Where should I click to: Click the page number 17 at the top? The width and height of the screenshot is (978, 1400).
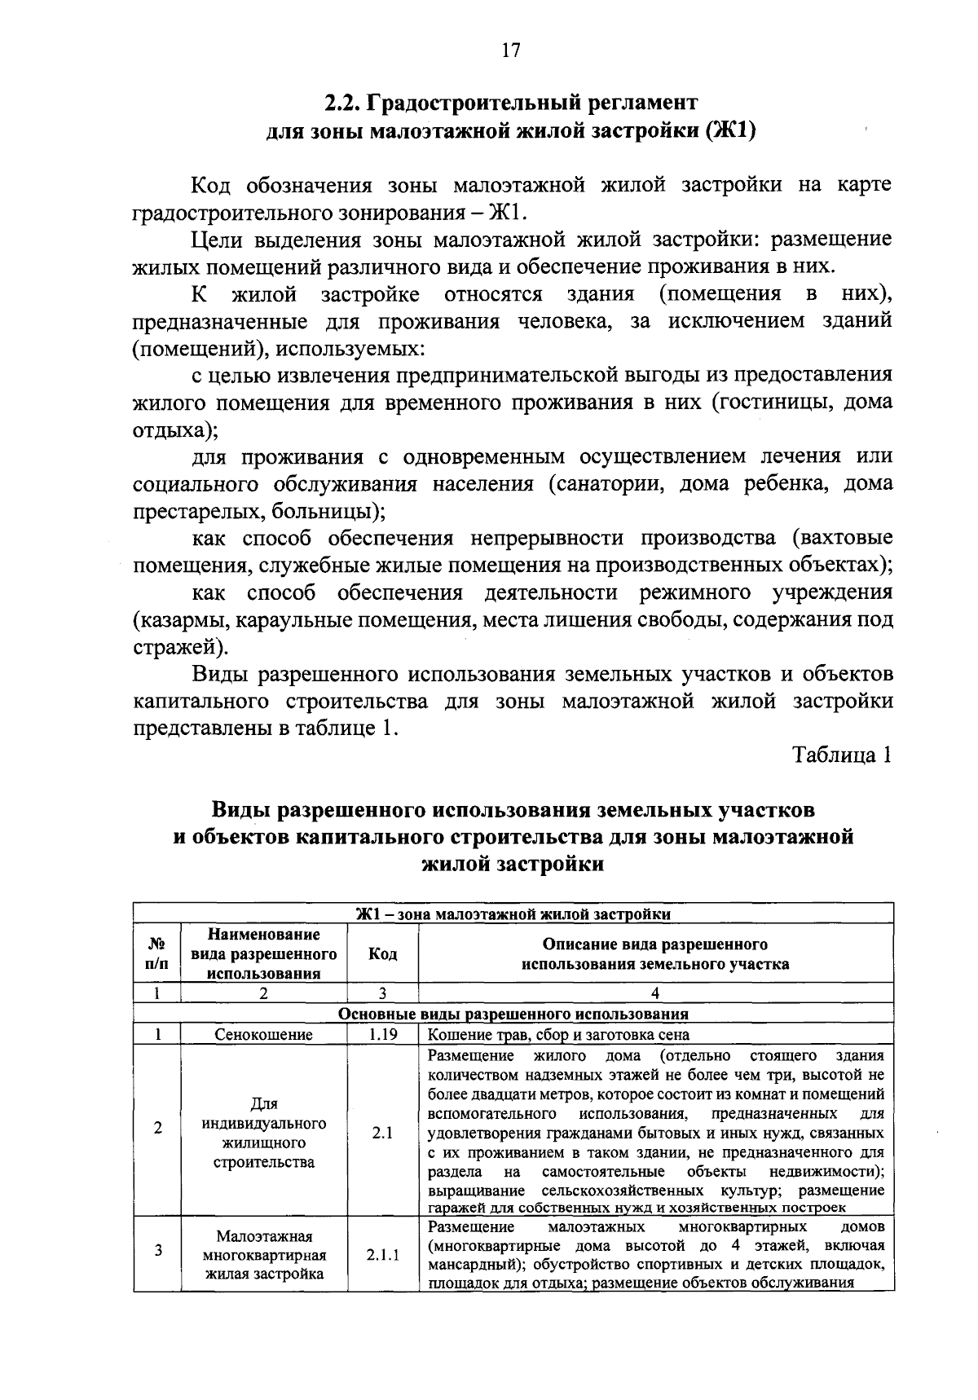(511, 51)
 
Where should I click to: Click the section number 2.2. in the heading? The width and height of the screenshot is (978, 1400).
(343, 104)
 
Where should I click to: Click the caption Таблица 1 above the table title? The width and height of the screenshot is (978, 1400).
(843, 755)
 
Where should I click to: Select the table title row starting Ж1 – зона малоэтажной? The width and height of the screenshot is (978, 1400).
(513, 914)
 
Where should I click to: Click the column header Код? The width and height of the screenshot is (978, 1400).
(382, 953)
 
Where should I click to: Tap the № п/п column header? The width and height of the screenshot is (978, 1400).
(157, 953)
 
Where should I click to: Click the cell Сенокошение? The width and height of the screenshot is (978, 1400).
(263, 1035)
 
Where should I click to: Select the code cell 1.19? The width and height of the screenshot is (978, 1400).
(382, 1035)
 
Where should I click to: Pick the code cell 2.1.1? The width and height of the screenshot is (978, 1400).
(382, 1256)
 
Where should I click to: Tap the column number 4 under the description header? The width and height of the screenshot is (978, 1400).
(655, 993)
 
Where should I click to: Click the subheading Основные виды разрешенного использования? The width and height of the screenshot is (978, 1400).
(513, 1015)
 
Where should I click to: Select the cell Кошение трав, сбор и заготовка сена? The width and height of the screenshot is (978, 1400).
(559, 1035)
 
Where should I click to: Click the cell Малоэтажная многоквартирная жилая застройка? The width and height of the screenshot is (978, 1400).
(263, 1256)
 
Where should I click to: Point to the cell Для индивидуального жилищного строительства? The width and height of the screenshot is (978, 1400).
(263, 1133)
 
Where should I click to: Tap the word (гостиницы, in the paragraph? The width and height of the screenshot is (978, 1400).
(771, 403)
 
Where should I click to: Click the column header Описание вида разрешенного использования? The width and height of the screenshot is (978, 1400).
(655, 953)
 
